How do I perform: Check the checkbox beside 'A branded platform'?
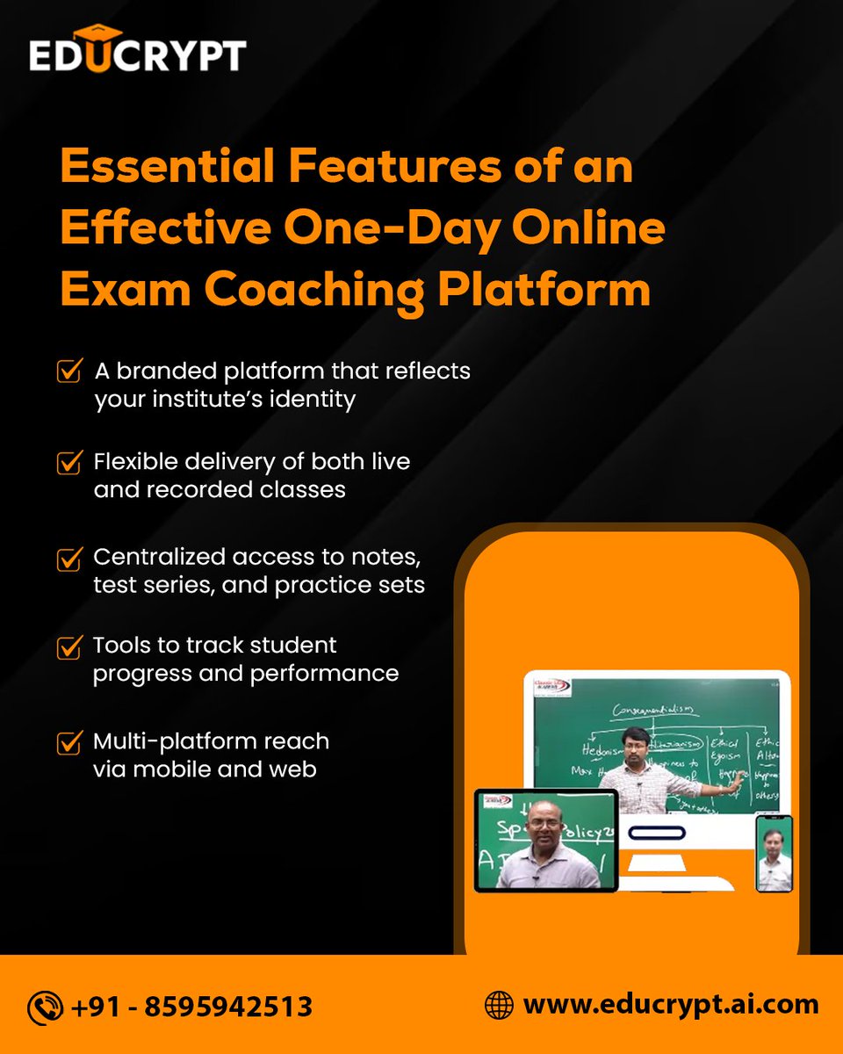(69, 371)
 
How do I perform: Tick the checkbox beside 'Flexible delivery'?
(69, 462)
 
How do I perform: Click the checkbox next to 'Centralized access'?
(69, 558)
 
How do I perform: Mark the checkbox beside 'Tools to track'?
(69, 646)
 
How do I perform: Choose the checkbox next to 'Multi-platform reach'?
(69, 742)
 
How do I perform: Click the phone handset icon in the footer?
(45, 1007)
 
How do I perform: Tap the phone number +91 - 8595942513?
(193, 1007)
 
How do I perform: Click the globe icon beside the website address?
(499, 1005)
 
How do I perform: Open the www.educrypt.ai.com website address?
(671, 1005)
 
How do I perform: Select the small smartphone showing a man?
(775, 853)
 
